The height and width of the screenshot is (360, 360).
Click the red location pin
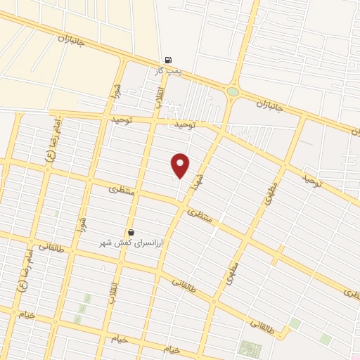[x=181, y=165]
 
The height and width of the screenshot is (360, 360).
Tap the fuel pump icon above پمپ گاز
[x=167, y=60]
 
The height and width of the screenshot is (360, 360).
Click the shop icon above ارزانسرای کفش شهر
[x=131, y=232]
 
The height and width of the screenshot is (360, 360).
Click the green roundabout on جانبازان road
[x=233, y=91]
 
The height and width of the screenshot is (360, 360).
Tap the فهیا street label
[x=200, y=172]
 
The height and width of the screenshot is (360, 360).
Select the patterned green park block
[x=250, y=349]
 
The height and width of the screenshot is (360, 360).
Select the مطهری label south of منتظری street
[x=233, y=272]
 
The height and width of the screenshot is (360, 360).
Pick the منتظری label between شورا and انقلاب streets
[x=120, y=190]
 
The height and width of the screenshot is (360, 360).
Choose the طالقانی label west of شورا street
[x=53, y=247]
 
